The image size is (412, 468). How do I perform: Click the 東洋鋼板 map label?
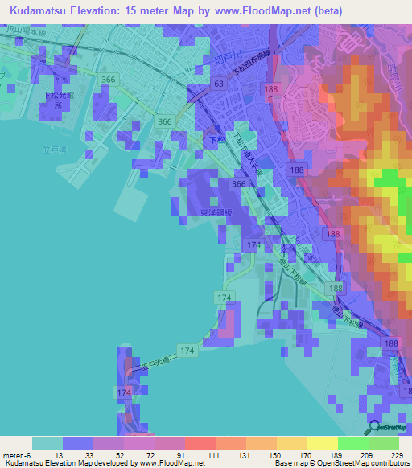216,212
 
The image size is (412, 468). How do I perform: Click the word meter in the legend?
11,454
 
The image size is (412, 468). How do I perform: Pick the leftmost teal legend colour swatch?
47,443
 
